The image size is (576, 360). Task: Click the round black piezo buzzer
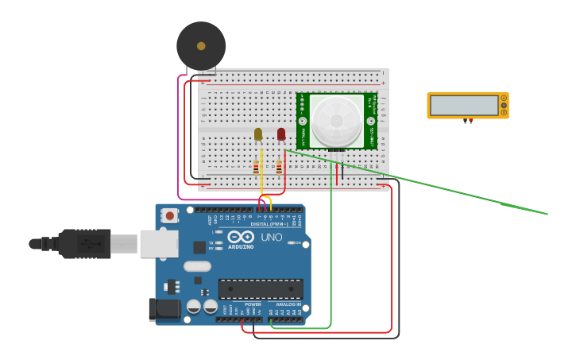tap(201, 45)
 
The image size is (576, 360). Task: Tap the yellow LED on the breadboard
tap(258, 134)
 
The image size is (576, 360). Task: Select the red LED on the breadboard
tap(281, 134)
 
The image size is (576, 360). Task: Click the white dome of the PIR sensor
tap(336, 120)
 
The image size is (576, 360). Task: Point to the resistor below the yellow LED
tap(256, 167)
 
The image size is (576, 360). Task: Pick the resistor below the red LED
tap(279, 167)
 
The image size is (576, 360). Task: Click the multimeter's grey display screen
tap(464, 106)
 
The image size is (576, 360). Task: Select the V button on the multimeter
tap(504, 106)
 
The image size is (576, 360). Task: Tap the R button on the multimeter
tap(504, 113)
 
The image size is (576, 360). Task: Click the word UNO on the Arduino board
tap(272, 237)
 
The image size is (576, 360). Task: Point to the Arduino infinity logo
tap(240, 236)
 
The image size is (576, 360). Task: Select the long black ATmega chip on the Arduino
tap(260, 288)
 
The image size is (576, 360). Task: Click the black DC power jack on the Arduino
tap(164, 309)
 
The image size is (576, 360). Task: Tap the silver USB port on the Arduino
tap(159, 244)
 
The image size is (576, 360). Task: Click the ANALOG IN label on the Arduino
tap(288, 304)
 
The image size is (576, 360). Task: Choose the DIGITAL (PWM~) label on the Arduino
tap(269, 224)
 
